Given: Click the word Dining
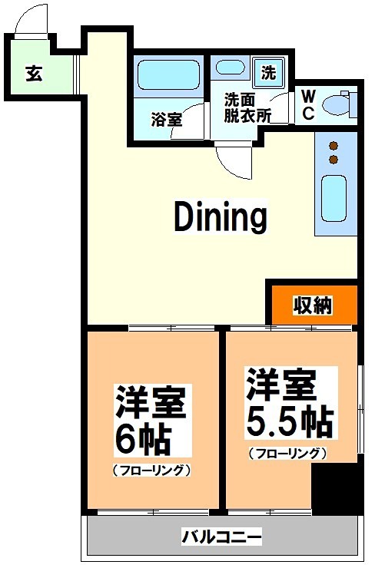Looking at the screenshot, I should pos(220,217).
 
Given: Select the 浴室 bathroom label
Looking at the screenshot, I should pos(166,120).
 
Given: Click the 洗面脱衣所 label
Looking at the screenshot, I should pos(247,108).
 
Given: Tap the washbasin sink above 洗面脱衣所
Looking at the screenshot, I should pos(230,68).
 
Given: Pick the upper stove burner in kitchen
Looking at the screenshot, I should pos(334,145).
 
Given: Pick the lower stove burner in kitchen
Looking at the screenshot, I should pos(334,160).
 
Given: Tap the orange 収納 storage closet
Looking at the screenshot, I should pos(312,305).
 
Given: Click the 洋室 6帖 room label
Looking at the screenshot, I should pos(151,421).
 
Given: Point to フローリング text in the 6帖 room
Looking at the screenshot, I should pos(151,470).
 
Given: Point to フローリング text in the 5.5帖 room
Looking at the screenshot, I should pos(287,453).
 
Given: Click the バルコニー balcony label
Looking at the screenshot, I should pos(222,535).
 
